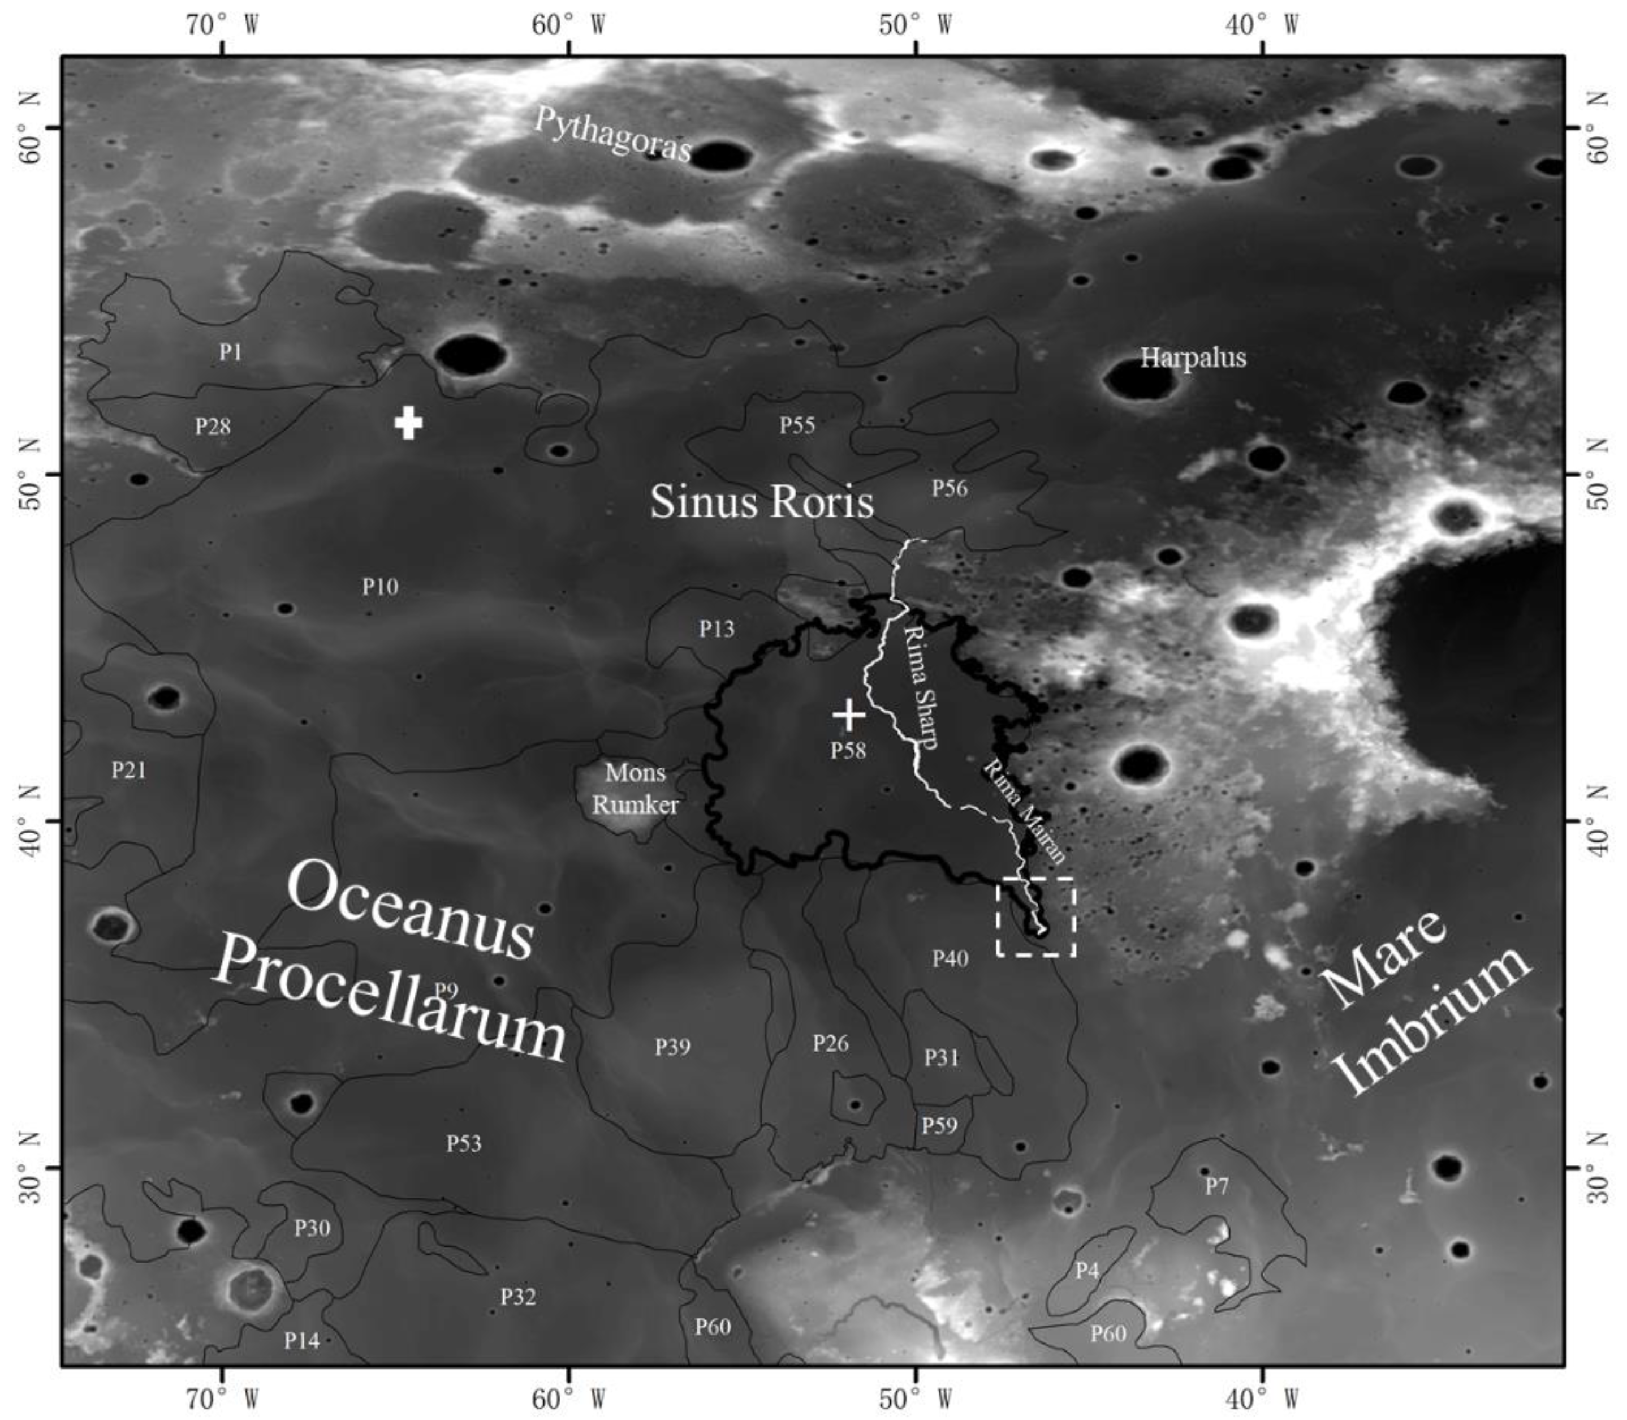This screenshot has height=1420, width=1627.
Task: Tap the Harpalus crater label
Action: tap(1193, 358)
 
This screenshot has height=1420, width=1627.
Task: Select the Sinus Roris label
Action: tap(761, 502)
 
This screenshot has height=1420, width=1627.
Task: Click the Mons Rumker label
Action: tap(635, 789)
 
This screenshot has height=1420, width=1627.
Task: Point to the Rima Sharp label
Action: tap(921, 686)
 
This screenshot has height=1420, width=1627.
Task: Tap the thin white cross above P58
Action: tap(848, 715)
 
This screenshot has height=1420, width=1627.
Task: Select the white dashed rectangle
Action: tap(1035, 917)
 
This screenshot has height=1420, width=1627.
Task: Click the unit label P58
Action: tap(848, 750)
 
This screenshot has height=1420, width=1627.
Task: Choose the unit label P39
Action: tap(672, 1047)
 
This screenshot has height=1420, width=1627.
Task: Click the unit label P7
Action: tap(1216, 1186)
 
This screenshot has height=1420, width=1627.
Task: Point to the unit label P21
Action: tap(128, 769)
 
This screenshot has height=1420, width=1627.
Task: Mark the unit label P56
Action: tap(949, 488)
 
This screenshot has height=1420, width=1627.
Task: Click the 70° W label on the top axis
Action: tap(223, 25)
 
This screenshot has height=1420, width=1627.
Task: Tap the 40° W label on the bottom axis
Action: tap(1262, 1400)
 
